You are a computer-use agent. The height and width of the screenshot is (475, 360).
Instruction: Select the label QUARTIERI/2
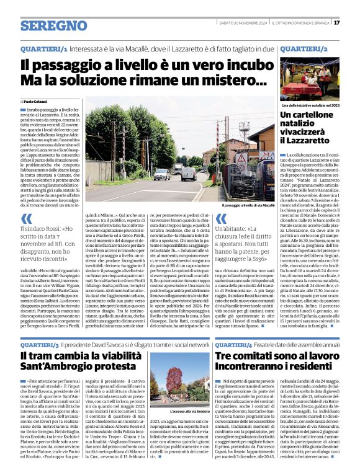click(x=304, y=48)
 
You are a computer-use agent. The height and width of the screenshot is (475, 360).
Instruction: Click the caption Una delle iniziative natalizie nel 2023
click(x=310, y=106)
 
